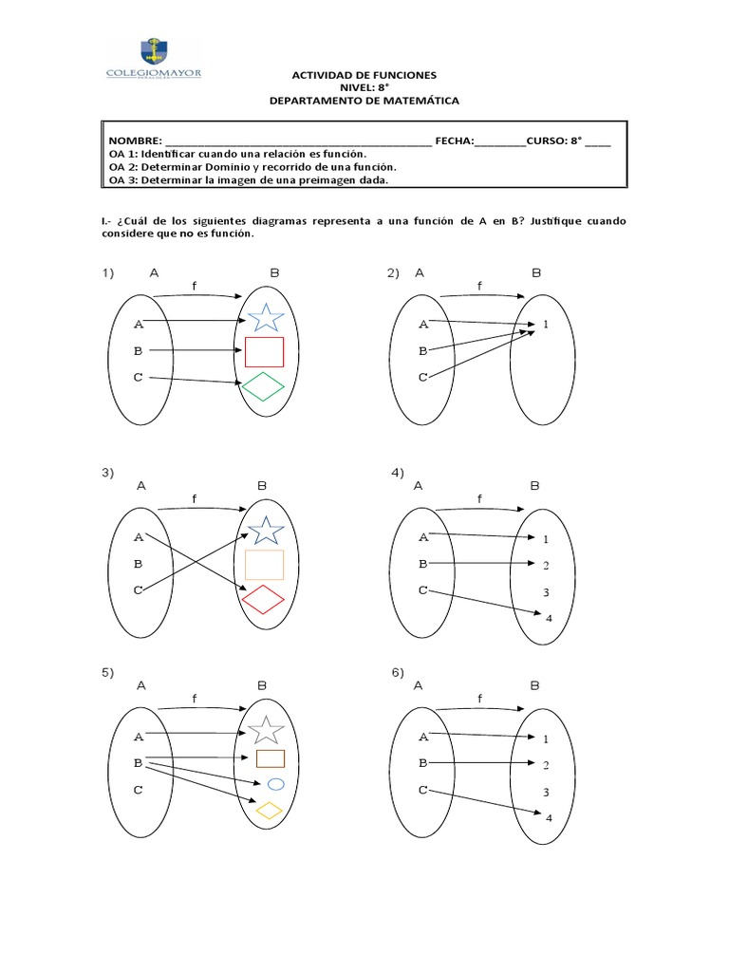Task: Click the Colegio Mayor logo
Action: tap(158, 60)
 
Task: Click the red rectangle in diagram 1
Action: tap(264, 352)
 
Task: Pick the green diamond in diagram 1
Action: tap(263, 385)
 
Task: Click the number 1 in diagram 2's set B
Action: tap(546, 325)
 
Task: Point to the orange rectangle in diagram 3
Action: tap(264, 565)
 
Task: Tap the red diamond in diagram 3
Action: tap(263, 599)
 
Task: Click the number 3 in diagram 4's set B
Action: tap(546, 592)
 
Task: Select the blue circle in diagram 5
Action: tap(276, 784)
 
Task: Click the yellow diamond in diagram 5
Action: tap(271, 811)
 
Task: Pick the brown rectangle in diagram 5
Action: tap(271, 758)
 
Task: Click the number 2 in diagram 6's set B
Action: tap(546, 764)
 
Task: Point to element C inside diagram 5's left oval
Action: tap(139, 789)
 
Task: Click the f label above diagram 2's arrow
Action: tap(479, 286)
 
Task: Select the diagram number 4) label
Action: tap(398, 472)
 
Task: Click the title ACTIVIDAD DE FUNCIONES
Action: tap(364, 75)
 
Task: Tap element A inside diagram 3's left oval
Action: tap(139, 537)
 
